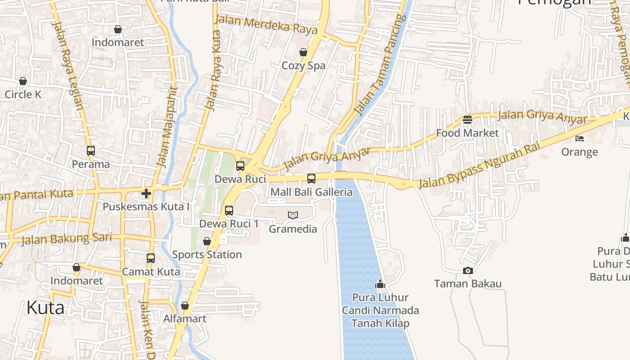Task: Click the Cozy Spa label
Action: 303,66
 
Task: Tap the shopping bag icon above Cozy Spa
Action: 303,53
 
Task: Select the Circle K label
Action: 23,94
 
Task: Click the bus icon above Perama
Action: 91,151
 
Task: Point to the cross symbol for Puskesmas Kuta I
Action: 146,193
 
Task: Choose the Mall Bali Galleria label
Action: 311,192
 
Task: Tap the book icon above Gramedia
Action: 293,216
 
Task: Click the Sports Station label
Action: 207,255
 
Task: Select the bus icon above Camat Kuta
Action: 151,258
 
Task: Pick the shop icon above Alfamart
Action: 185,306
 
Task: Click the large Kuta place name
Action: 45,308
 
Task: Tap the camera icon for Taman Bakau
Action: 468,270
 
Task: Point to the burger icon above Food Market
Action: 467,120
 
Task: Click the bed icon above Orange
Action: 580,139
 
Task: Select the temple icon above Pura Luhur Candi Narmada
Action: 380,284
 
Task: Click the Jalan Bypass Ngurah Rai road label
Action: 479,165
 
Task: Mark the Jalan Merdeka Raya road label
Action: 266,24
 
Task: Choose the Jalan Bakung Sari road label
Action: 66,239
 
